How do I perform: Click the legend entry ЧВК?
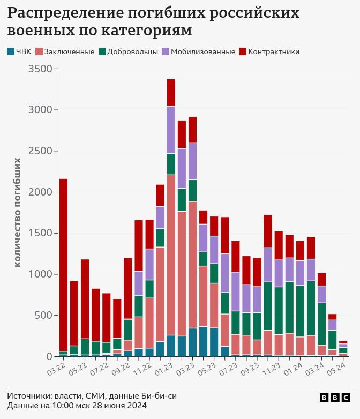tap(19, 52)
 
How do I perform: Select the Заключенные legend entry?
tap(65, 52)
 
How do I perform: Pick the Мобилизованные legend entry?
tap(198, 52)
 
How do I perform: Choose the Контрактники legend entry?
tap(269, 52)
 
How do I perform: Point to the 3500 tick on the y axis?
tap(40, 69)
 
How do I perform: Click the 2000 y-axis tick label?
tap(40, 192)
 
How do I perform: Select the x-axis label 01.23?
tap(164, 368)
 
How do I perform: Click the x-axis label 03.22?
tap(56, 368)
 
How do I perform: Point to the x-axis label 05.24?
tap(336, 368)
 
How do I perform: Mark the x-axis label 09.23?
tap(250, 368)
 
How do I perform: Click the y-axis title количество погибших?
tap(18, 212)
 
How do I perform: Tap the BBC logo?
tap(335, 398)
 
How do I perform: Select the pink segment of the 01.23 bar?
tap(171, 255)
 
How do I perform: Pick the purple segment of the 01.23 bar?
tap(171, 130)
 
